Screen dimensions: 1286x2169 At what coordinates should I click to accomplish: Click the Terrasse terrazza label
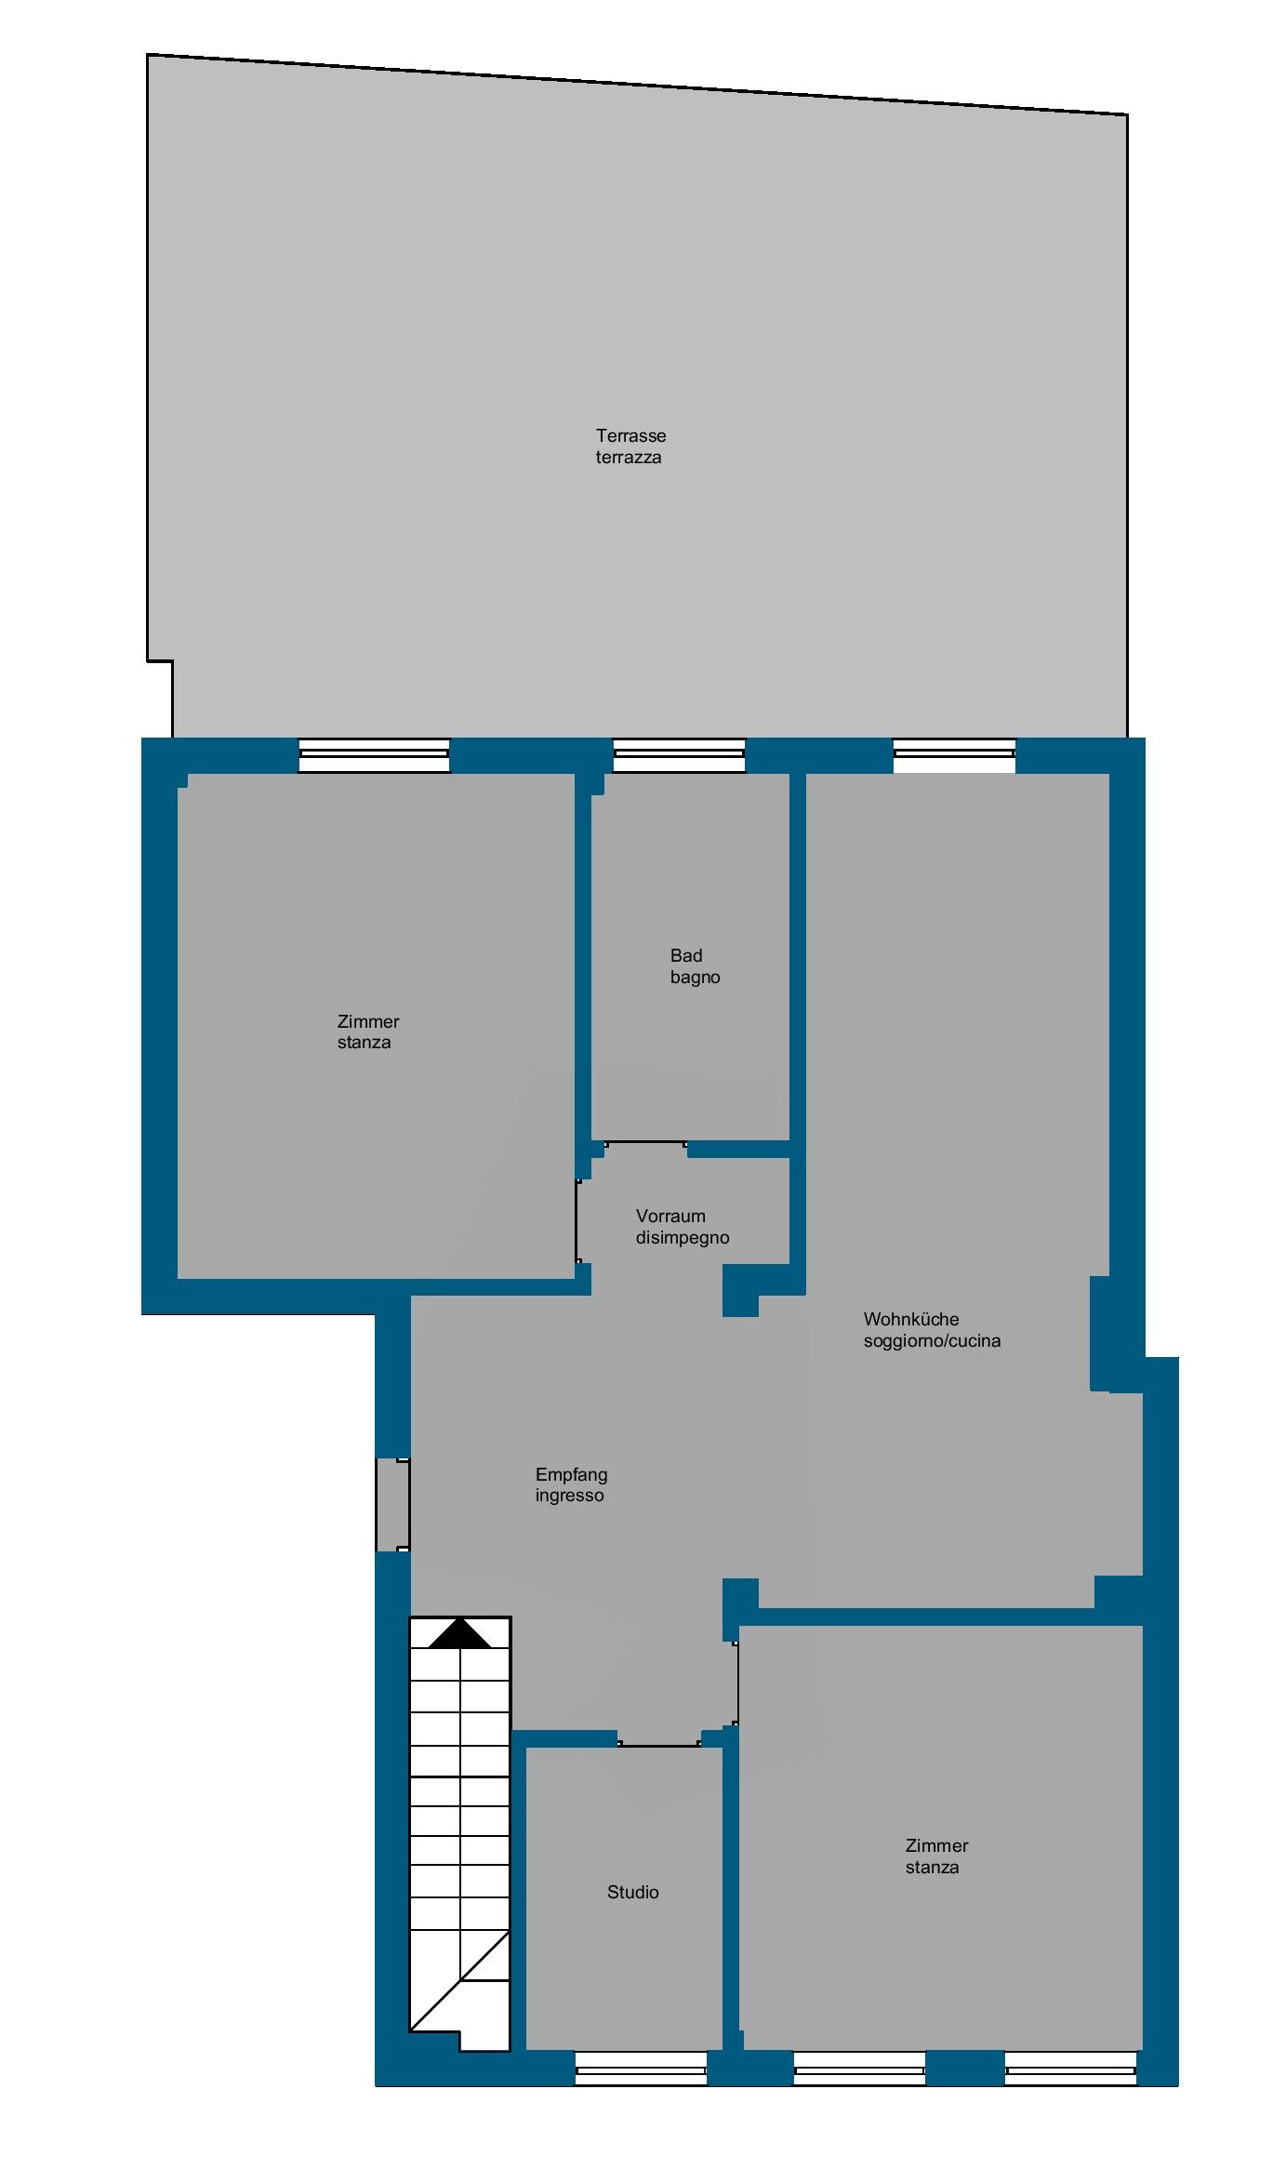[630, 446]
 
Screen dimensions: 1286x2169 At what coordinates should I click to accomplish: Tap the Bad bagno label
[695, 966]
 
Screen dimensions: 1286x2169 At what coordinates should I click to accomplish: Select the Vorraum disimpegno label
[682, 1227]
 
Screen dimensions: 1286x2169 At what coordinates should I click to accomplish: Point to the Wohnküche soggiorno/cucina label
[932, 1330]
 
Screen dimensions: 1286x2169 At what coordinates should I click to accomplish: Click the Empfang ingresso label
[571, 1485]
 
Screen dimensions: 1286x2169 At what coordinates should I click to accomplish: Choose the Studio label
[632, 1892]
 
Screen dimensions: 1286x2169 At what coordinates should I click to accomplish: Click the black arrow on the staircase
[459, 1634]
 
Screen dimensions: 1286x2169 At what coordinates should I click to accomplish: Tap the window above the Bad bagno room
[679, 755]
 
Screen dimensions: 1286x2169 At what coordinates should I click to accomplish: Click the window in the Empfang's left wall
[392, 1504]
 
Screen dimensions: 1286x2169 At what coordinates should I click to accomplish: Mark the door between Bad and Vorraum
[645, 1143]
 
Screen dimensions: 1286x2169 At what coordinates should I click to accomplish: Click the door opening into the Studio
[659, 1744]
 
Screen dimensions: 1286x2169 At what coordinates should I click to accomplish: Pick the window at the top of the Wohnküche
[954, 755]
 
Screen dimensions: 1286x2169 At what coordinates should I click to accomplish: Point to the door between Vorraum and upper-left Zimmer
[577, 1221]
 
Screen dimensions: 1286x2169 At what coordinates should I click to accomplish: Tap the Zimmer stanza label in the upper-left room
[367, 1031]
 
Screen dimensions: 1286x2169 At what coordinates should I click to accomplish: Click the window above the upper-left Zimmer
[374, 755]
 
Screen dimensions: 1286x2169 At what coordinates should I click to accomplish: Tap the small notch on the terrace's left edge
[160, 661]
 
